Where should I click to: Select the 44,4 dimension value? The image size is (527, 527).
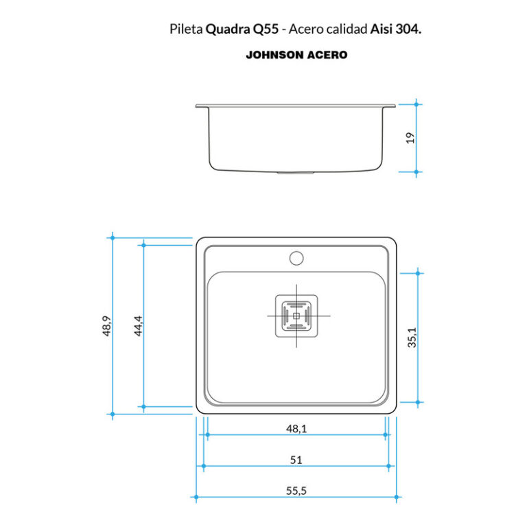point(137,325)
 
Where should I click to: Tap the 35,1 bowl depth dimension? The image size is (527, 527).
point(412,337)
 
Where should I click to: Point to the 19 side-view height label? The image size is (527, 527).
point(410,138)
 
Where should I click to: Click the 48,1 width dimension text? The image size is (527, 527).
point(296,429)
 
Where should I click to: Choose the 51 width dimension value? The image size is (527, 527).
point(296,460)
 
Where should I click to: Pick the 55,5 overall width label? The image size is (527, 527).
point(296,491)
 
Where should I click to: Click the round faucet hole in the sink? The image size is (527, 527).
point(296,258)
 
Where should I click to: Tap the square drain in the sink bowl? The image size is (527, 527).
point(296,316)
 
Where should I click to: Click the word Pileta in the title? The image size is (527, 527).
point(185,30)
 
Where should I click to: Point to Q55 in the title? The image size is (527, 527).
point(265,30)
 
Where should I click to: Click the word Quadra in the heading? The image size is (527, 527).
point(228,30)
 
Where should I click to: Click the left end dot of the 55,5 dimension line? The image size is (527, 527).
point(196,497)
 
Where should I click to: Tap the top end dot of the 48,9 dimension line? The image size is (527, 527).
point(112,237)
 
